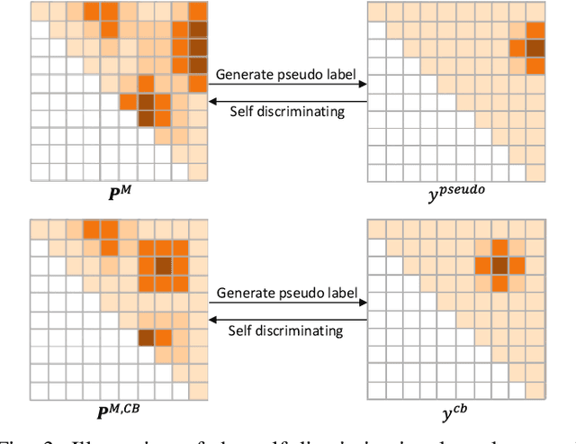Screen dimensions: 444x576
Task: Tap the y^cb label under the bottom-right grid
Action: pyautogui.click(x=458, y=414)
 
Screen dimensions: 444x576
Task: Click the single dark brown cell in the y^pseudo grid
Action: pyautogui.click(x=535, y=48)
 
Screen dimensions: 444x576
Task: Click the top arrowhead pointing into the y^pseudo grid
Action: pyautogui.click(x=363, y=85)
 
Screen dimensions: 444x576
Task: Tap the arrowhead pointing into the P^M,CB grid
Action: pyautogui.click(x=212, y=319)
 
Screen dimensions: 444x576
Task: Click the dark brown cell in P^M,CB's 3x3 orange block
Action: pyautogui.click(x=163, y=265)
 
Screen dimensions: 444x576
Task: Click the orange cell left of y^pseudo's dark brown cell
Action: pyautogui.click(x=517, y=48)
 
